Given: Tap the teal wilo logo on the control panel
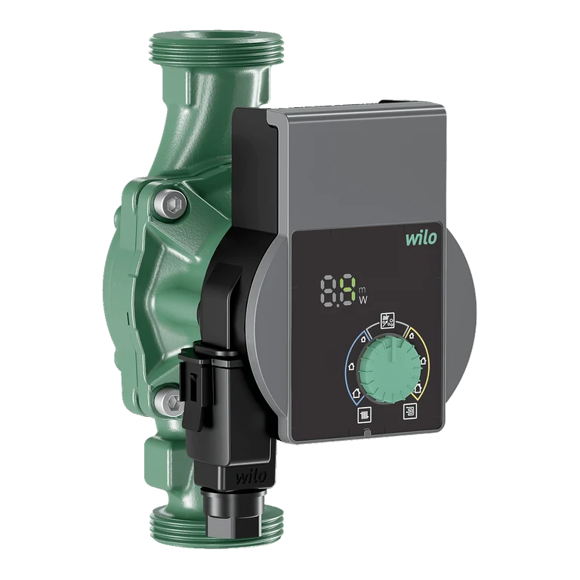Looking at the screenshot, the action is coord(421,239).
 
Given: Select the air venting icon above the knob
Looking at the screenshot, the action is coord(387,320).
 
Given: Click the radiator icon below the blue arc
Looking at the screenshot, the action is coord(364,415).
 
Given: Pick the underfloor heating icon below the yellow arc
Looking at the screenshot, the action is coord(410,412).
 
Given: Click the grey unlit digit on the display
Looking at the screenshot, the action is coord(329,290).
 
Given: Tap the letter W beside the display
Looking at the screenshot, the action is coord(363,300).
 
